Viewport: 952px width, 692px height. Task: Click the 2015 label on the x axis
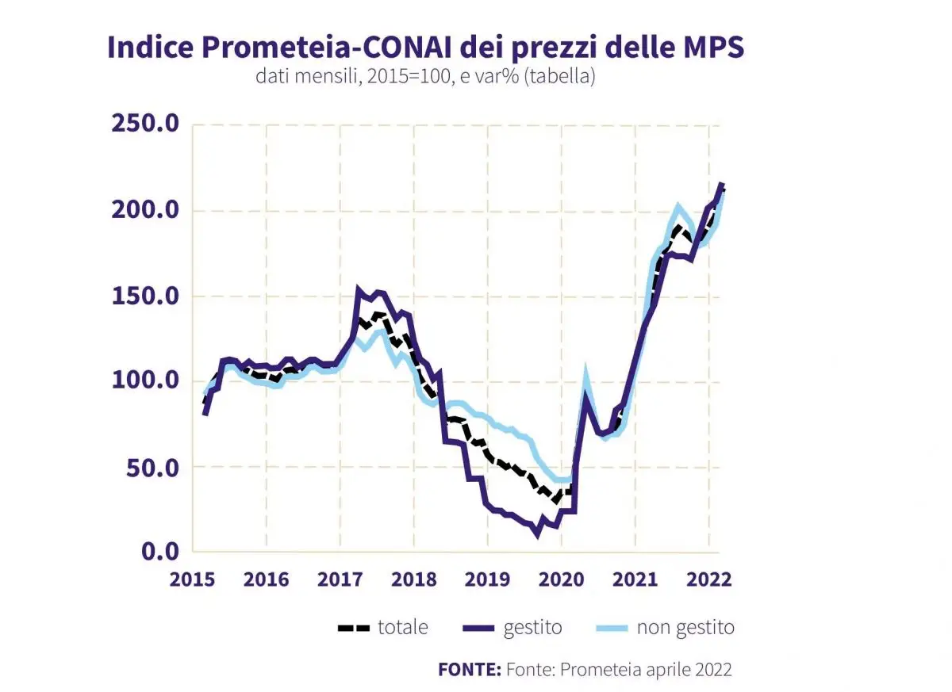coord(193,579)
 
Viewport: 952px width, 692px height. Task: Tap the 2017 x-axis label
coord(340,579)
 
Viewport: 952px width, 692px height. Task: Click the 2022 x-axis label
coord(708,579)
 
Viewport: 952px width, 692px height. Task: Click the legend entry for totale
coord(402,628)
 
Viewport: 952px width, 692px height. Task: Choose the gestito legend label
coord(532,628)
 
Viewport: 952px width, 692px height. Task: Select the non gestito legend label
coord(685,628)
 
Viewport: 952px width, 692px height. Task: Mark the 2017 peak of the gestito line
coord(359,290)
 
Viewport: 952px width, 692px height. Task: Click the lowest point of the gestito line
coord(538,534)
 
